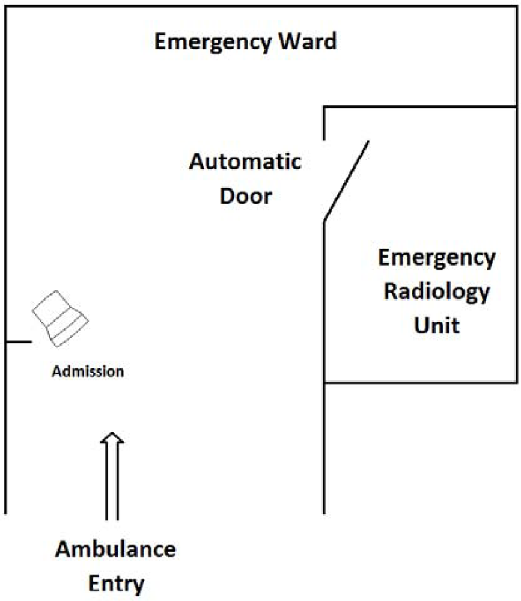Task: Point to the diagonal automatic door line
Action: pos(346,181)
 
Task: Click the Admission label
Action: pos(88,371)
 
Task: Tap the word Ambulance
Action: pos(117,550)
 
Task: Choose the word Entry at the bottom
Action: pos(117,582)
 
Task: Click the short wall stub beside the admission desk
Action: pos(18,342)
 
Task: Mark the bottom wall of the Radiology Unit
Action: pos(421,382)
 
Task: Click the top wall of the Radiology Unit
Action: pos(421,107)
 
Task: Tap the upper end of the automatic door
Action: pos(367,142)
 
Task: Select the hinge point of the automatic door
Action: pos(324,221)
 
